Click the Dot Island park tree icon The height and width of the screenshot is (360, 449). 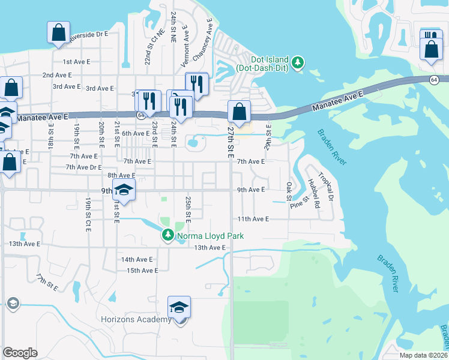click(x=297, y=62)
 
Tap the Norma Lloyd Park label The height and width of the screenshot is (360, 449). click(x=210, y=236)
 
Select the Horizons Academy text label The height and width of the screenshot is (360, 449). click(x=145, y=319)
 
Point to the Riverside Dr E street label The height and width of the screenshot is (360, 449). click(x=88, y=35)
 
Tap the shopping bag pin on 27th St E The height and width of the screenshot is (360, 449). click(x=239, y=112)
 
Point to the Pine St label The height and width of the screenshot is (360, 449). click(x=298, y=203)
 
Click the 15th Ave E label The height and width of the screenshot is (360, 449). click(x=142, y=271)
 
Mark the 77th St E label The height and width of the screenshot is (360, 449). click(x=47, y=283)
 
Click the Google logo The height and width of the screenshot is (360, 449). click(x=20, y=353)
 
